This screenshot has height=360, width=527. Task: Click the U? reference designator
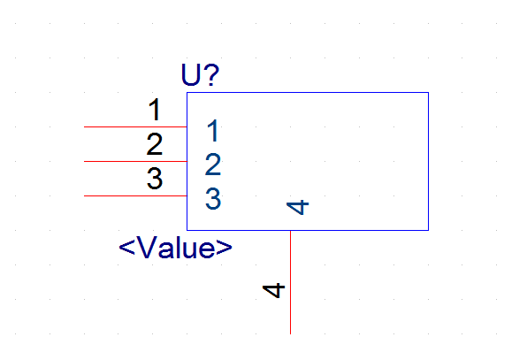(200, 74)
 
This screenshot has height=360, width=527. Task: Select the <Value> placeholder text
(175, 247)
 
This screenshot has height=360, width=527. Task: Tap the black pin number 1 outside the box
(155, 110)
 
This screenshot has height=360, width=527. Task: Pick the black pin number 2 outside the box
(155, 144)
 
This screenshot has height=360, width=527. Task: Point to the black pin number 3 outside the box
(155, 179)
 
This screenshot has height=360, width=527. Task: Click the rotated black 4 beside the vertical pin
(273, 290)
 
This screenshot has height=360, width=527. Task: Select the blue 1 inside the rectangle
(213, 130)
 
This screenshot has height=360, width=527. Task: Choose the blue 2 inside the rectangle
(213, 165)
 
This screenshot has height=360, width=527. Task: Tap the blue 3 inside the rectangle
(213, 199)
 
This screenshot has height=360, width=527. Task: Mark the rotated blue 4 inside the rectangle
(297, 207)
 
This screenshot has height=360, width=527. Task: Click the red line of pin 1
(135, 126)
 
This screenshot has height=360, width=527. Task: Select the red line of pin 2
(135, 161)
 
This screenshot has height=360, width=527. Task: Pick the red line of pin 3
(135, 195)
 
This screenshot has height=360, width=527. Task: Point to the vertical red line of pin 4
(290, 282)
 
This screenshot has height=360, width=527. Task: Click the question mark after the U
(213, 74)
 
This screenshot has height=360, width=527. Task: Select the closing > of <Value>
(225, 248)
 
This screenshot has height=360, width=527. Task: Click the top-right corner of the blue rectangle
(429, 93)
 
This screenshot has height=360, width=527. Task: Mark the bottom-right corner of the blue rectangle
(429, 230)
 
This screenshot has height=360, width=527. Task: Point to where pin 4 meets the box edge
(290, 231)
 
